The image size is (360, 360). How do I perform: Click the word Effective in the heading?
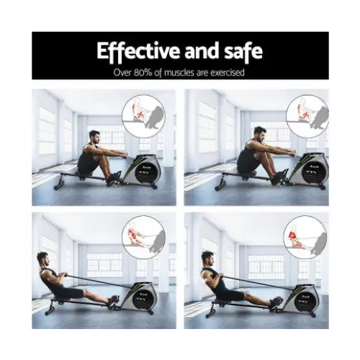point(133,51)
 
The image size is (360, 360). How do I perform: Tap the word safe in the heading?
point(243,51)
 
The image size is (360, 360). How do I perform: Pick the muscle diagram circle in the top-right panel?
point(304,113)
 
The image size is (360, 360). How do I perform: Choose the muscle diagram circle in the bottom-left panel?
point(143,237)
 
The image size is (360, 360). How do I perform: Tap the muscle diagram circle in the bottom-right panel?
point(303,236)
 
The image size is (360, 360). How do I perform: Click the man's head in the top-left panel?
point(94,136)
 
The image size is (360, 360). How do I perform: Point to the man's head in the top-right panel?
point(260,132)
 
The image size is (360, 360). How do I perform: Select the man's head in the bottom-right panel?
point(208,258)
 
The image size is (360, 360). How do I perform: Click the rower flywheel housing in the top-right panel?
point(310,170)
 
